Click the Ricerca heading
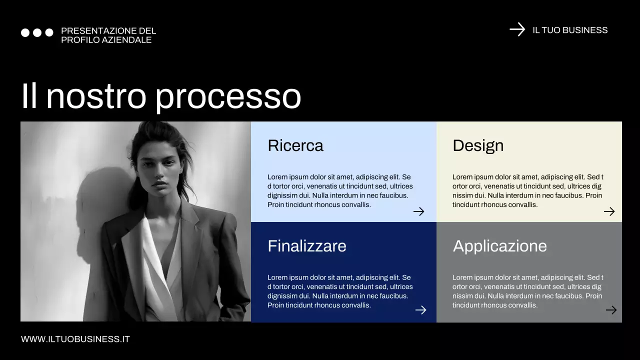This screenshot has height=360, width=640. click(295, 145)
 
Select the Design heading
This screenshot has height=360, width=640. click(477, 145)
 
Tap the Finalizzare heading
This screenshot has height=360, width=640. click(306, 246)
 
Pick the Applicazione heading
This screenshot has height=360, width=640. click(499, 246)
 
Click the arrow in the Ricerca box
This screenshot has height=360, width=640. click(418, 211)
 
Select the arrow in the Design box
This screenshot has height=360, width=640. click(609, 211)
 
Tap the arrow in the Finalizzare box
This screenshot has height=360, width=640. click(420, 310)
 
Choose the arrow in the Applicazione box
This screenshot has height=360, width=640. click(611, 310)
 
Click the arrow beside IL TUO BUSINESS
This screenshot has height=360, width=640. click(517, 29)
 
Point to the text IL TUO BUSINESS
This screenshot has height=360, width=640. click(570, 30)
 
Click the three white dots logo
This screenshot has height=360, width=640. click(37, 32)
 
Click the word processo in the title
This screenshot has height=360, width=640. click(228, 96)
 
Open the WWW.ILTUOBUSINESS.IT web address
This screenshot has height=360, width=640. click(75, 339)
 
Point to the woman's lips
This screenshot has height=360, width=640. click(160, 183)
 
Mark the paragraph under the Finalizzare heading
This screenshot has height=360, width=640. click(340, 291)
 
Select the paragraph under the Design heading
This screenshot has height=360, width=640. click(527, 190)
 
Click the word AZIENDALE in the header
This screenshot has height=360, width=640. click(126, 40)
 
